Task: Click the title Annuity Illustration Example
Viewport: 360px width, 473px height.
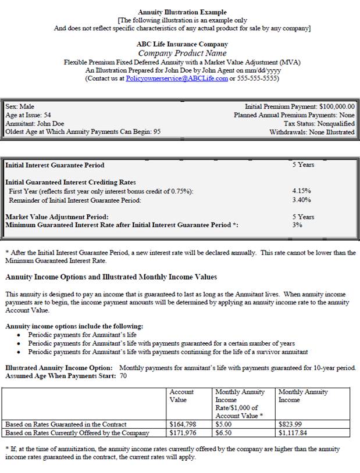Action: click(x=182, y=12)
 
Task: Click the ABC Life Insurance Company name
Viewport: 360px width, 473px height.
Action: click(x=182, y=44)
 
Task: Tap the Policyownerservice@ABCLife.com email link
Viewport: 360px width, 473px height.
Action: click(x=177, y=78)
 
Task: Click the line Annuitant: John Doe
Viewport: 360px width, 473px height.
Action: click(x=35, y=123)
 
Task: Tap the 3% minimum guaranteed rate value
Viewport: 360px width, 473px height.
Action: click(x=297, y=225)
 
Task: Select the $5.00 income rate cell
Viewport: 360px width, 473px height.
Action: click(x=224, y=424)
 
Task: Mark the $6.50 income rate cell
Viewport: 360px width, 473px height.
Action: click(x=224, y=432)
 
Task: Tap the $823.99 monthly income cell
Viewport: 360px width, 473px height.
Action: click(x=291, y=424)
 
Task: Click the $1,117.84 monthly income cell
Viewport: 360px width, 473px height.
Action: click(x=293, y=432)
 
